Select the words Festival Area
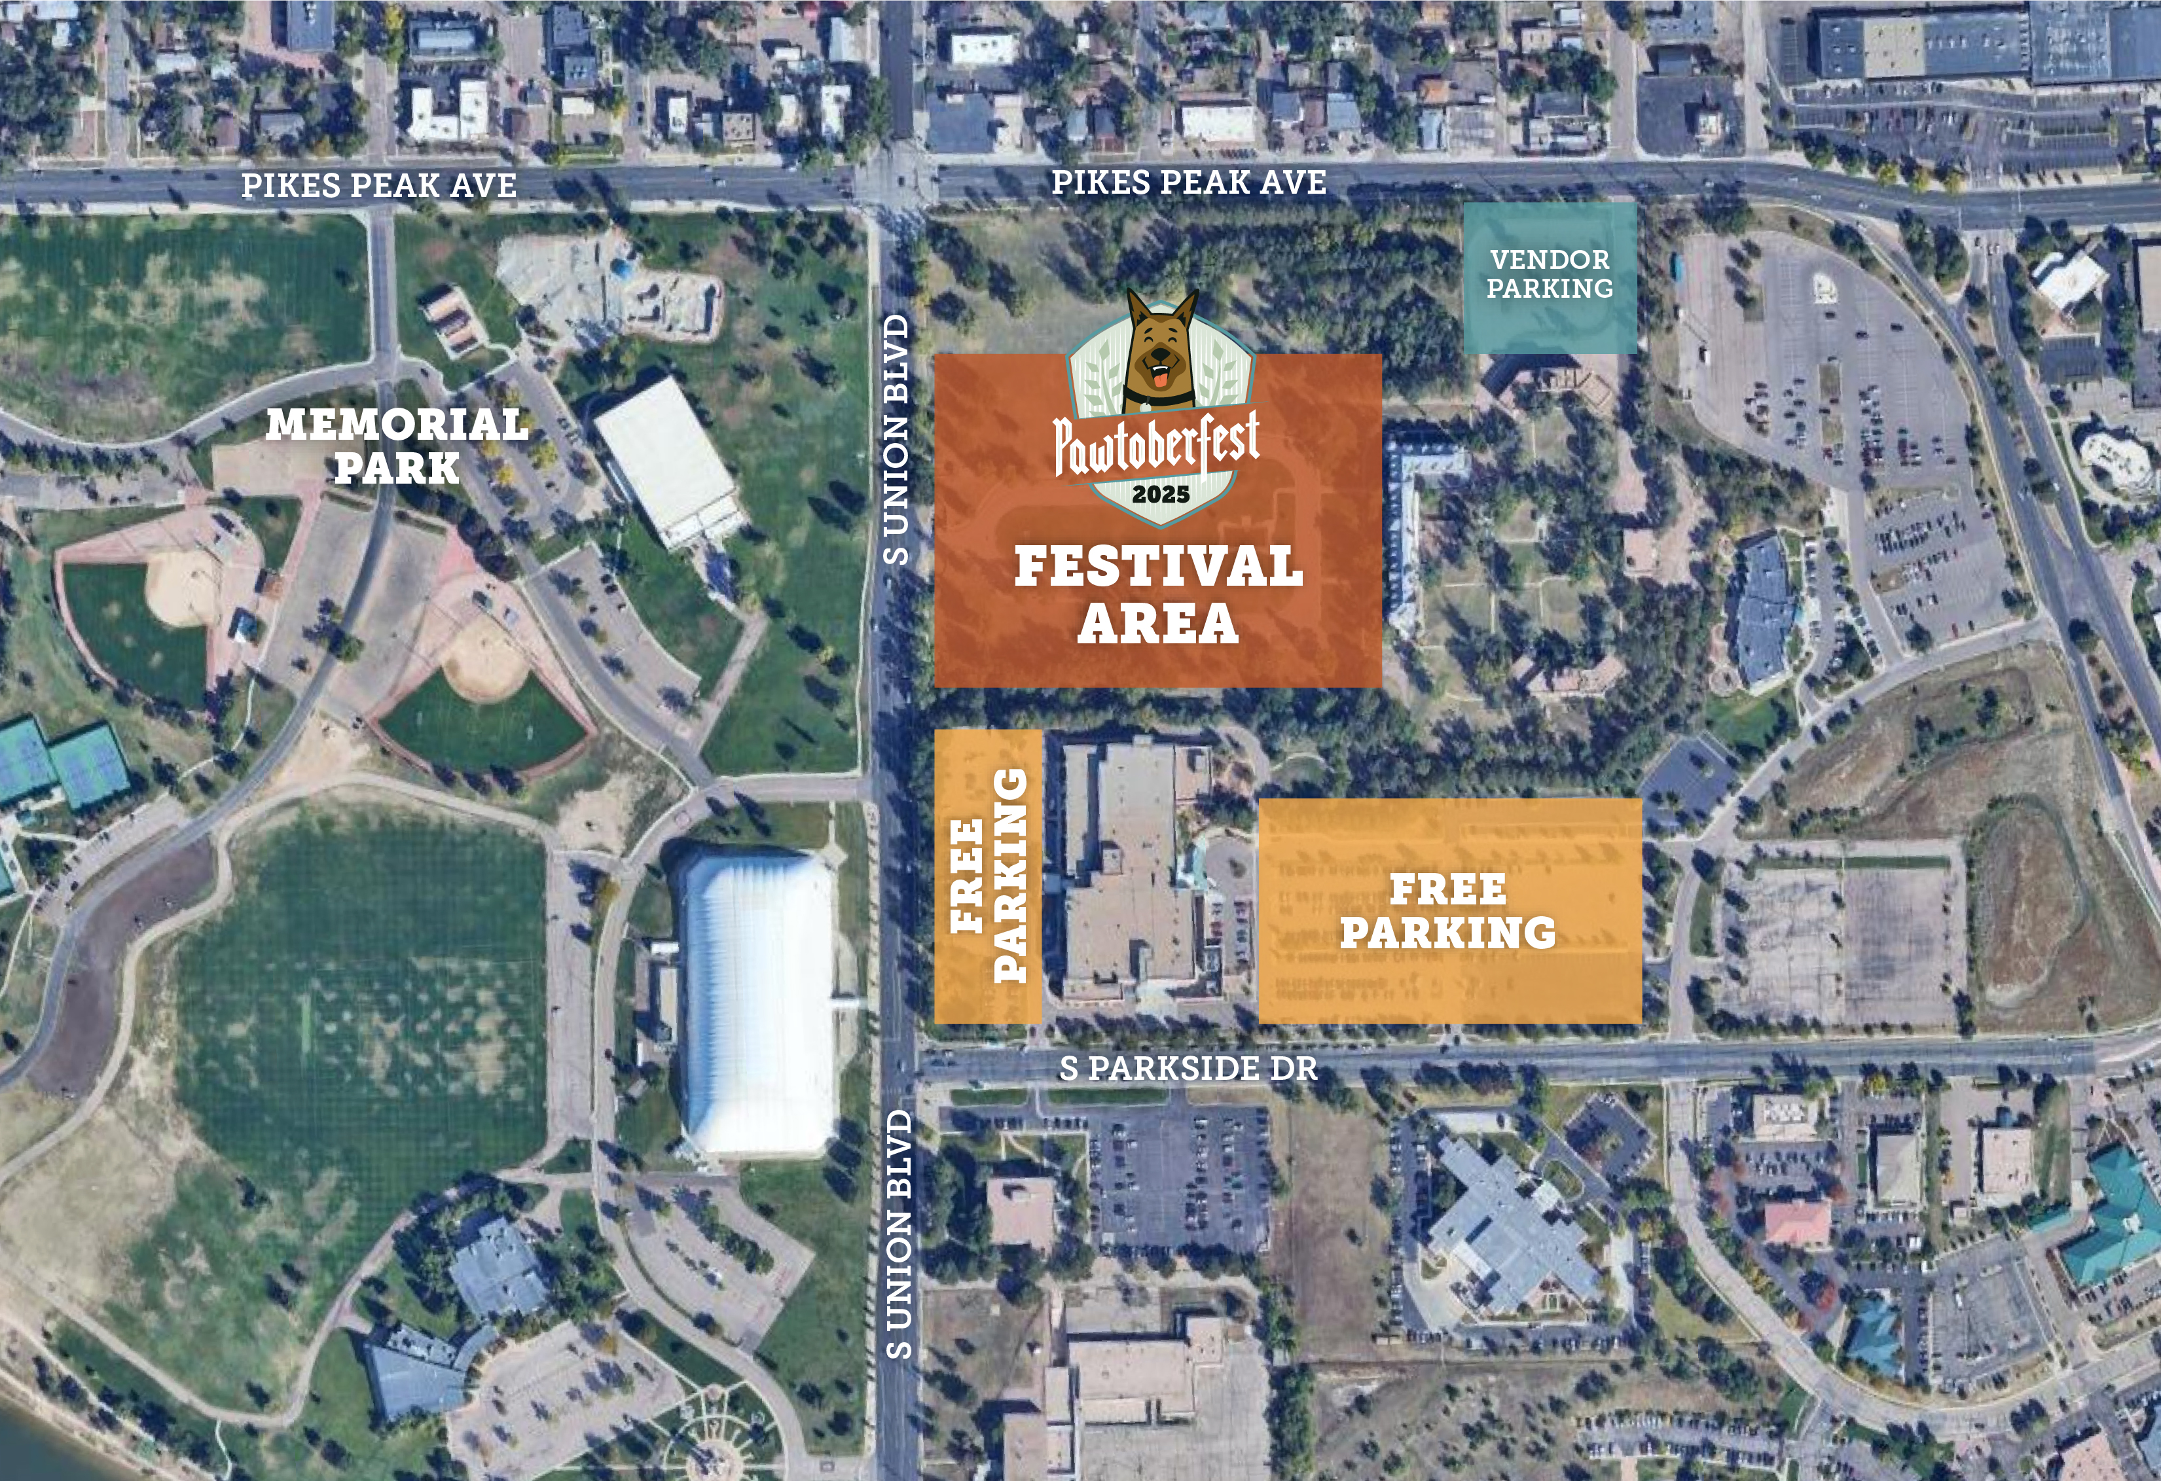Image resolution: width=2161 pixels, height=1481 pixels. pyautogui.click(x=1157, y=594)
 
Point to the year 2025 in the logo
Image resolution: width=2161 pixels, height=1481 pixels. pyautogui.click(x=1161, y=493)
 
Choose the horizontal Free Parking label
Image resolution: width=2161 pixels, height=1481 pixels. pyautogui.click(x=1448, y=911)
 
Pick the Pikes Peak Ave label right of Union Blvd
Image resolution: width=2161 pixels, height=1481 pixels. pyautogui.click(x=1188, y=182)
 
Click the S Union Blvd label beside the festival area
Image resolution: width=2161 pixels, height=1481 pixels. pyautogui.click(x=896, y=439)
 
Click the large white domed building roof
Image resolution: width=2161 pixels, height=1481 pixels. pyautogui.click(x=758, y=1004)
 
